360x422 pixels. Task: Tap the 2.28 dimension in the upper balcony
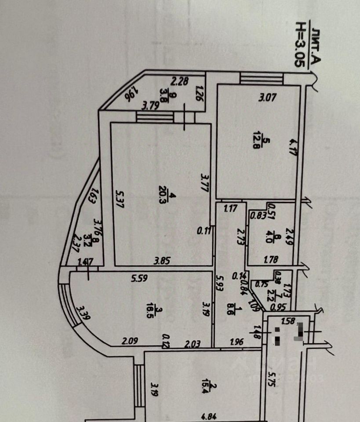point(179,81)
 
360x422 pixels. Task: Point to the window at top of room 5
point(262,79)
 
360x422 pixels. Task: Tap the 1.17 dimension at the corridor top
point(230,209)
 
